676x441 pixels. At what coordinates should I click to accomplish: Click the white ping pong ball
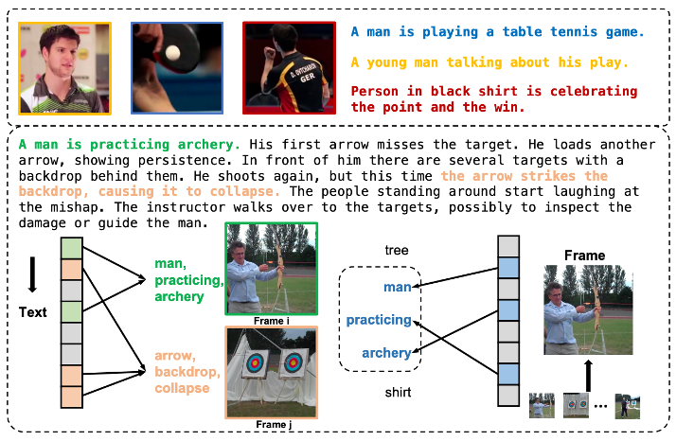(172, 53)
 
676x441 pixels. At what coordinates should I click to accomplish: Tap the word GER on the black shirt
(308, 78)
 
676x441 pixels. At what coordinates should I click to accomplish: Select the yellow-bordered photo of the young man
(64, 68)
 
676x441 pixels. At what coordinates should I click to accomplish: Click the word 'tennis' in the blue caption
(573, 31)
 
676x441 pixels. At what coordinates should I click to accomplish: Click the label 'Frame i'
(272, 321)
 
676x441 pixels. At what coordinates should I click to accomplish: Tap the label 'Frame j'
(274, 425)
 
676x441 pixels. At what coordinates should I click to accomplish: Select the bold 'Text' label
(33, 312)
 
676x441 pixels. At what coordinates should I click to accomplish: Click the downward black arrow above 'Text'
(32, 274)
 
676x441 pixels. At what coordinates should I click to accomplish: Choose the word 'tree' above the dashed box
(397, 250)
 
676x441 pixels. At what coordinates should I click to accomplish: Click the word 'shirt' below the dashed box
(398, 393)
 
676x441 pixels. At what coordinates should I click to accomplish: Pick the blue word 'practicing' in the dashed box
(379, 320)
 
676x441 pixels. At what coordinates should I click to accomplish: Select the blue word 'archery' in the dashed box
(386, 353)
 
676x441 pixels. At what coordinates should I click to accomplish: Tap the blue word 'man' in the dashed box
(398, 287)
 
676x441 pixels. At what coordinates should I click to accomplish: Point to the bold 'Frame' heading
(584, 256)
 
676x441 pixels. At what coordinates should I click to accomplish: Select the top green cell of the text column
(72, 248)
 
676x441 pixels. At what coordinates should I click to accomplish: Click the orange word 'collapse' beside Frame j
(182, 388)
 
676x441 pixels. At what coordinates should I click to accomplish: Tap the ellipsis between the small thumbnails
(600, 406)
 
